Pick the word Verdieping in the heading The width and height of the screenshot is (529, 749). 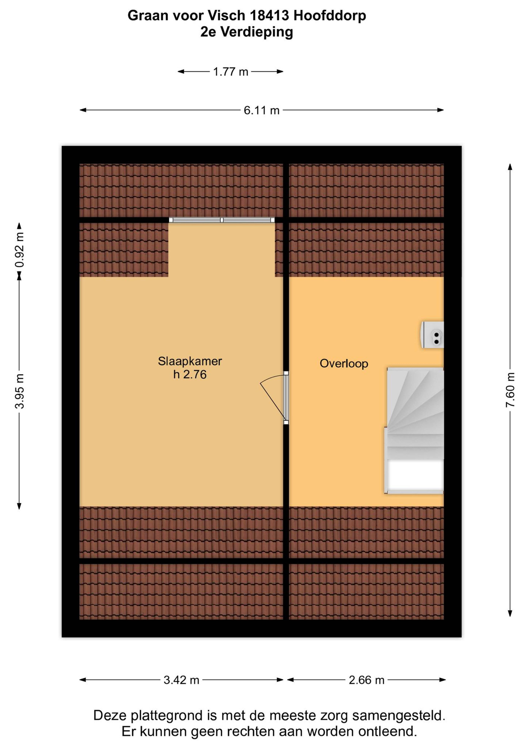pyautogui.click(x=257, y=32)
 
